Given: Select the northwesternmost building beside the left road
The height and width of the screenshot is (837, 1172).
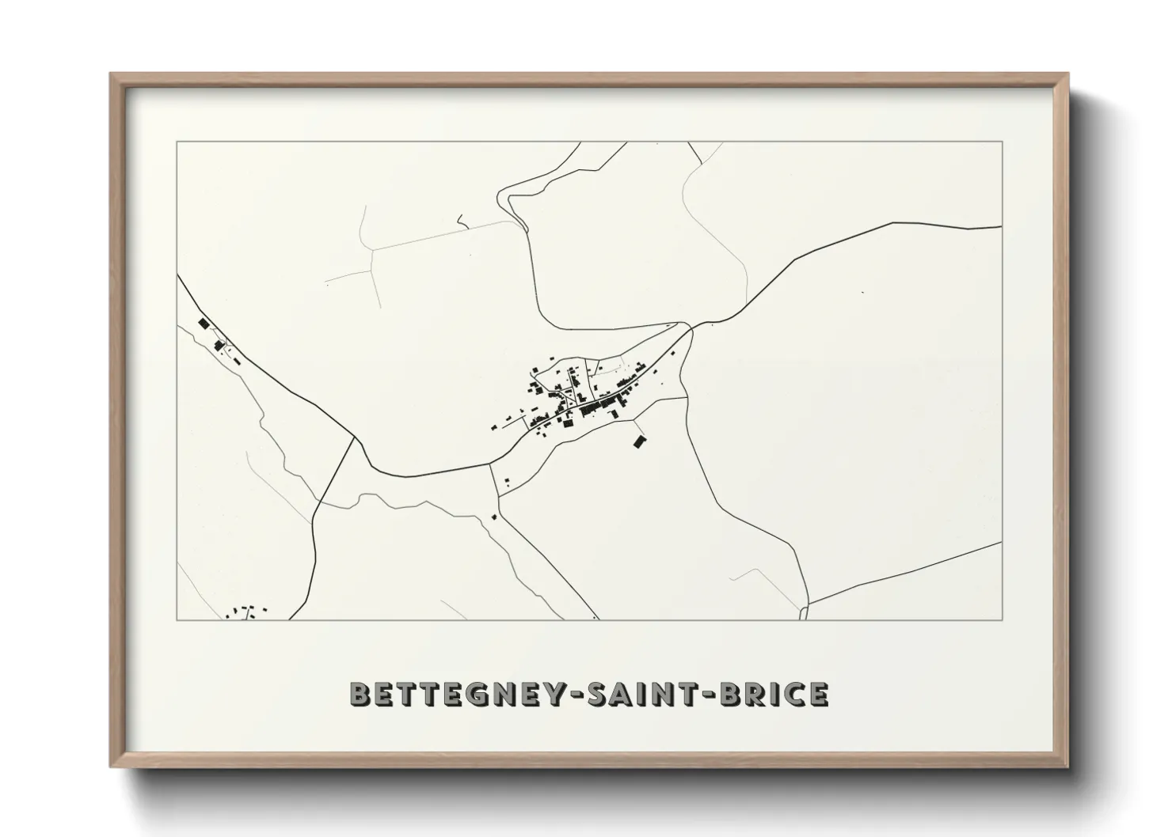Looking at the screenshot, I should tap(204, 324).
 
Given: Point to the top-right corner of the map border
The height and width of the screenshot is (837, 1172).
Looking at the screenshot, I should tap(1002, 142).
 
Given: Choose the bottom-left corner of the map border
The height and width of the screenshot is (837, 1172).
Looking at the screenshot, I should tap(177, 619).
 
